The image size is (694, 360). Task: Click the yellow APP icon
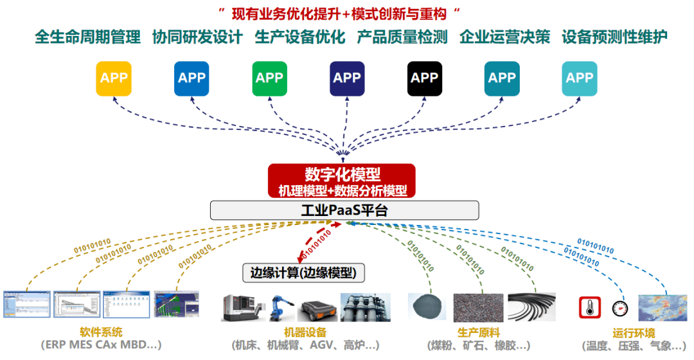[114, 78]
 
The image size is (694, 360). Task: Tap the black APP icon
[425, 78]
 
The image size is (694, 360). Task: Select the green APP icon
[269, 78]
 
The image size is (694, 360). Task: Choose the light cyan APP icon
[580, 78]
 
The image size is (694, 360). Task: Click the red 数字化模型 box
[342, 181]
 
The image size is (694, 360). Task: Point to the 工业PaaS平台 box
[344, 210]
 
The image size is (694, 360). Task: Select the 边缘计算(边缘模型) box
[303, 273]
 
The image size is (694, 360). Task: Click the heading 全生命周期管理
[87, 37]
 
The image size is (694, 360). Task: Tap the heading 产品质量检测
[402, 37]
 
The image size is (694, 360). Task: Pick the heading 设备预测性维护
[614, 37]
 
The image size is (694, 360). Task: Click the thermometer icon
[589, 307]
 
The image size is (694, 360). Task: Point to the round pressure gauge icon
[619, 308]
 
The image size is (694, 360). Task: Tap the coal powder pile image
[427, 307]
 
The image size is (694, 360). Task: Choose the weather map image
[662, 307]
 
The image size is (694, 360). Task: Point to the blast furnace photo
[366, 307]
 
